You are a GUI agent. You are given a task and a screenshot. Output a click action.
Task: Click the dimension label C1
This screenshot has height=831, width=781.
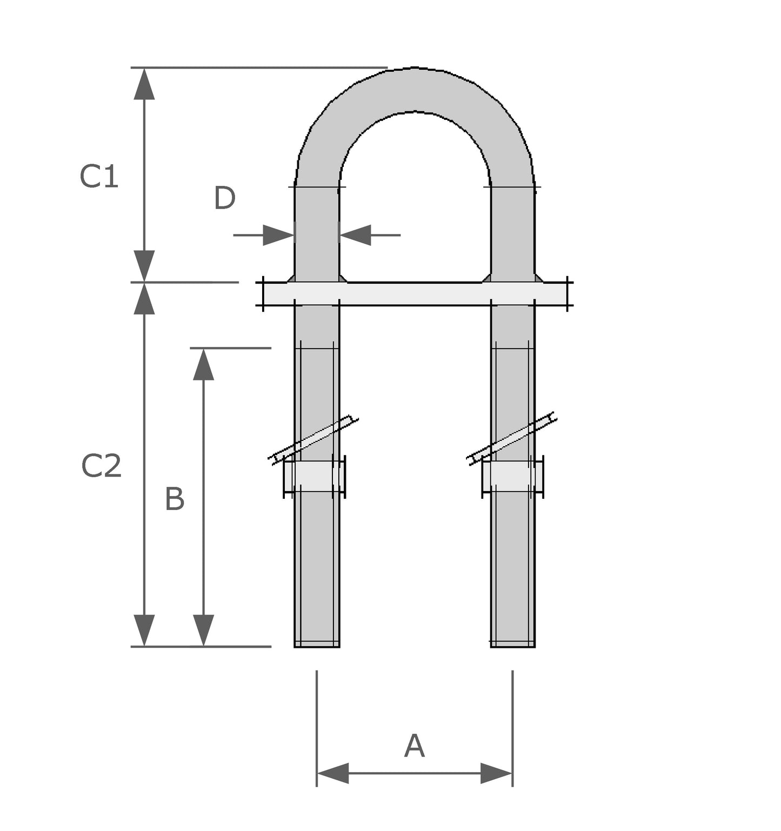point(99,177)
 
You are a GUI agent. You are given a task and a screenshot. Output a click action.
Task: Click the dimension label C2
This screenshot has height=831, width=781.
point(101,466)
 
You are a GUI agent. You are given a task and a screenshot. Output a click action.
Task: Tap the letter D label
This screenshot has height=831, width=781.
point(224,198)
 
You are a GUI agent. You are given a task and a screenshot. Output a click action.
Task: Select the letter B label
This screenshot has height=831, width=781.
point(175,499)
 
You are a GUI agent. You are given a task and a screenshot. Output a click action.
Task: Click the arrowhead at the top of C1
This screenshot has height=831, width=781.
point(144,84)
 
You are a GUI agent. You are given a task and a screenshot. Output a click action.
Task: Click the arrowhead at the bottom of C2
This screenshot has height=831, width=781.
point(144,630)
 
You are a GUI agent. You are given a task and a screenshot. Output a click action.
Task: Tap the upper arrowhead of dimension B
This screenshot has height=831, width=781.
point(203,364)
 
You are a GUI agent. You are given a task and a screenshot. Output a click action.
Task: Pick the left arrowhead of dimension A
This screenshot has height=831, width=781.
point(332,773)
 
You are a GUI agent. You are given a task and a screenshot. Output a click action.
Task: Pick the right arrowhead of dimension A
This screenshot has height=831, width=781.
point(496,773)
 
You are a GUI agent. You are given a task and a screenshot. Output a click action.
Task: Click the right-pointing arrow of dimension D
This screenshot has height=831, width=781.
point(278,235)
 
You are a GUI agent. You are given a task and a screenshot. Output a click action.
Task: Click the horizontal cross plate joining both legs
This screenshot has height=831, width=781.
point(415,294)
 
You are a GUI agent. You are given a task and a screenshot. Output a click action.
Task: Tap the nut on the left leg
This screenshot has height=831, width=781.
point(315,477)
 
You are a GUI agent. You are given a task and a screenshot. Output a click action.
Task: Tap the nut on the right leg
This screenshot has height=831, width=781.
point(512,477)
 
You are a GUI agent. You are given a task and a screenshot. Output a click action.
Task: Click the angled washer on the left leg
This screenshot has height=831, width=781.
point(313,440)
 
